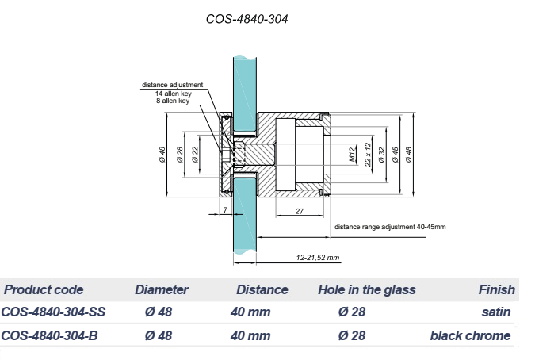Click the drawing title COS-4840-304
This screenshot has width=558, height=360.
(x=247, y=19)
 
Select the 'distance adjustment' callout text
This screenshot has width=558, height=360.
(x=172, y=85)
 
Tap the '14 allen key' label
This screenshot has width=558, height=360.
(x=174, y=94)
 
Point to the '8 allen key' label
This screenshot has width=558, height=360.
(x=173, y=101)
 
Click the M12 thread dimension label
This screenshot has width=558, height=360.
(x=352, y=155)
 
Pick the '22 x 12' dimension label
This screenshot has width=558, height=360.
(x=368, y=155)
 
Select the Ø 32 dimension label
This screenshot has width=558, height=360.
(x=382, y=155)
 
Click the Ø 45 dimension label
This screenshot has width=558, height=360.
(x=395, y=155)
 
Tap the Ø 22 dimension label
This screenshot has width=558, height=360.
(x=195, y=155)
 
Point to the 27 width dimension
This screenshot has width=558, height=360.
(x=300, y=211)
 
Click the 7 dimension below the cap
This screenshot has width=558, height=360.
(x=225, y=209)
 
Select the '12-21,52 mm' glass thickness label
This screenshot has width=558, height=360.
(x=317, y=258)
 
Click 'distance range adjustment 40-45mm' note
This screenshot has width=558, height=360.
(x=390, y=227)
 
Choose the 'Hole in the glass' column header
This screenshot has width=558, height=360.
(x=367, y=290)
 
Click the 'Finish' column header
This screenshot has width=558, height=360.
(x=497, y=290)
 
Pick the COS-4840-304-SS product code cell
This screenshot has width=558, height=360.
(x=53, y=312)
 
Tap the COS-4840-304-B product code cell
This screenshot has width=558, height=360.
(x=49, y=335)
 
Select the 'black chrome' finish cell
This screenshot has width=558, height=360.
(x=471, y=335)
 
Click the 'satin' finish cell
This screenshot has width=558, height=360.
(x=496, y=312)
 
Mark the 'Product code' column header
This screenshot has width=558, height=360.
(x=44, y=290)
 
